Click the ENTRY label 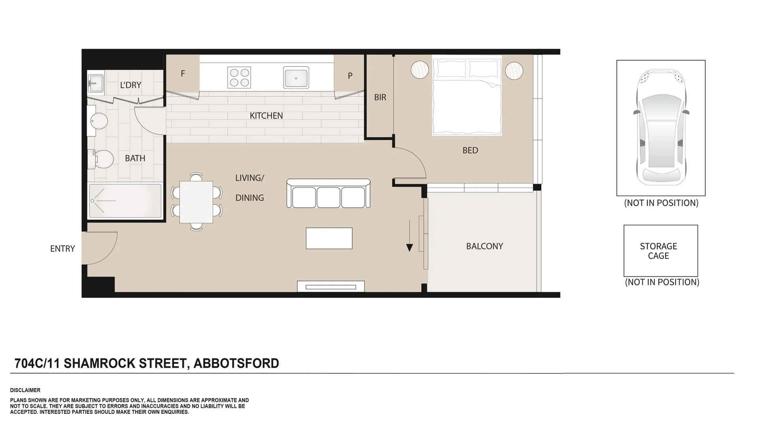(x=62, y=249)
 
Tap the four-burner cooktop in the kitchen (x=239, y=77)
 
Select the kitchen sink (x=296, y=77)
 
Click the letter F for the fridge (x=183, y=74)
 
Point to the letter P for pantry (x=350, y=76)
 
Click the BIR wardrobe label (x=380, y=98)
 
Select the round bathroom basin (x=99, y=121)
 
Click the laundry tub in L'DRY (x=95, y=83)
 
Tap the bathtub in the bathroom (x=125, y=201)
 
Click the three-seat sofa (x=329, y=194)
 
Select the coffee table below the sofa (x=329, y=238)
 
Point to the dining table (x=196, y=202)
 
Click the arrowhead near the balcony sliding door (x=410, y=248)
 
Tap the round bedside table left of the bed (x=419, y=70)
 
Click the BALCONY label (x=484, y=246)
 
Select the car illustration (x=661, y=128)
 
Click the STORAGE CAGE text (x=658, y=251)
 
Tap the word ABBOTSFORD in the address (x=236, y=363)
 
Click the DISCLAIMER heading (x=25, y=390)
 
